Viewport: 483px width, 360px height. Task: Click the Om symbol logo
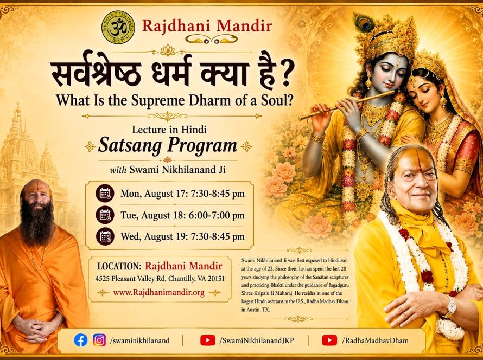(118, 27)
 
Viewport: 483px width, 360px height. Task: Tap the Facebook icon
(81, 340)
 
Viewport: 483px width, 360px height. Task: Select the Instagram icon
(99, 340)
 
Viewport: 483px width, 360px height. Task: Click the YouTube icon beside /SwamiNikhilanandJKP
(208, 340)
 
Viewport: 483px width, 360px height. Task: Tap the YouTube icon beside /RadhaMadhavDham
(329, 340)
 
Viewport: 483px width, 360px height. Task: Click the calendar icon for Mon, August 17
(105, 193)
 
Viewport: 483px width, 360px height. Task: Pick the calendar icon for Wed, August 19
(105, 236)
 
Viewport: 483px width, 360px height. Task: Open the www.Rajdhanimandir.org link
(158, 292)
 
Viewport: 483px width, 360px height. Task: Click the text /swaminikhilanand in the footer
(140, 340)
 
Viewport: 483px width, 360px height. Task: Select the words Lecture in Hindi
(169, 130)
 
